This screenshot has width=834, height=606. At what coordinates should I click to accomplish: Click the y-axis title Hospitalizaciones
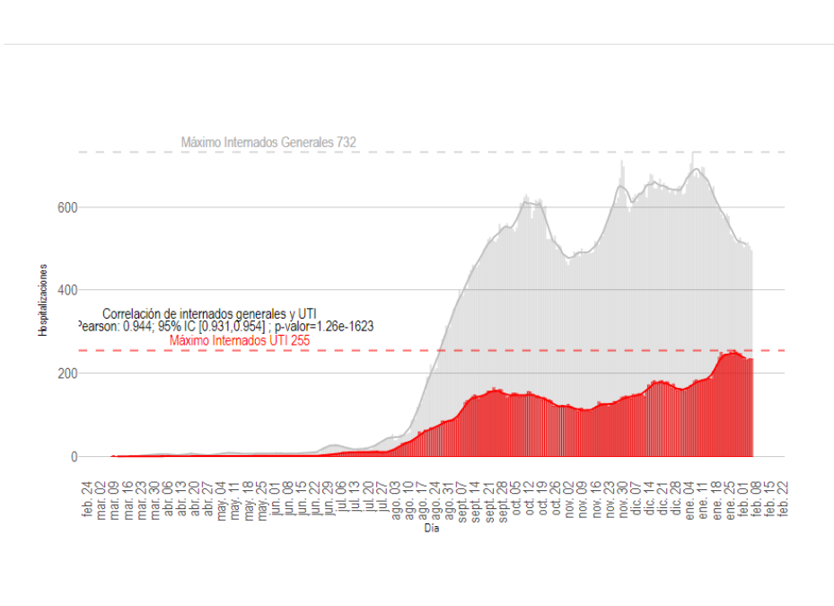[42, 300]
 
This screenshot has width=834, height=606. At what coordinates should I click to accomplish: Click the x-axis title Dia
[432, 529]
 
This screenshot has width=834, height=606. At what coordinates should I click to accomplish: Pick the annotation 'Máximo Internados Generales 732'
[268, 143]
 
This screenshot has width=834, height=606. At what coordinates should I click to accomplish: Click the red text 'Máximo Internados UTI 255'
[240, 340]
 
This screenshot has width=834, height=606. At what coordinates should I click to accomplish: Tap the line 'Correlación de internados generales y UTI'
[209, 313]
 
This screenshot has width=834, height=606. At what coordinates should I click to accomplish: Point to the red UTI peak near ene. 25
[732, 354]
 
